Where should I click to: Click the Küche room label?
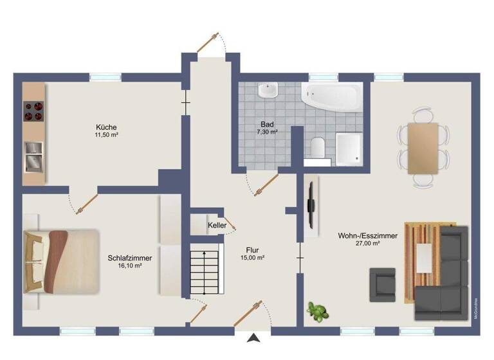(106, 127)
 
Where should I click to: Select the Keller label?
(217, 226)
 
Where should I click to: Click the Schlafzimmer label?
(130, 258)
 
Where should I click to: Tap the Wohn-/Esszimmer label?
(367, 236)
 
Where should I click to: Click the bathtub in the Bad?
(331, 97)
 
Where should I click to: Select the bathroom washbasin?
(267, 90)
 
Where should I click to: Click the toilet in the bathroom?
(316, 147)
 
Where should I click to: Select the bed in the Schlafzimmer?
(61, 260)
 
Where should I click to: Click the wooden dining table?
(423, 148)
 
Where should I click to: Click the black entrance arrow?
(255, 337)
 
